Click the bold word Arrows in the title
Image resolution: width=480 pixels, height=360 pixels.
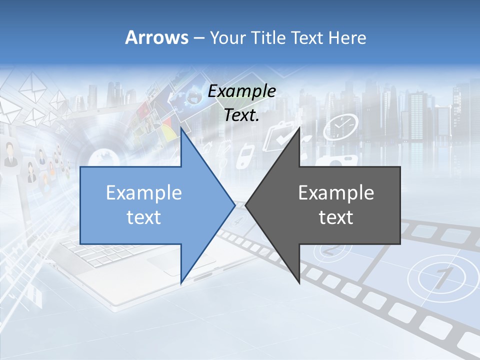pyautogui.click(x=157, y=37)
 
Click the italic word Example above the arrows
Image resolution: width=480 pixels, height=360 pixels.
pyautogui.click(x=242, y=91)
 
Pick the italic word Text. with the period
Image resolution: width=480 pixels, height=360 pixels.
pyautogui.click(x=242, y=115)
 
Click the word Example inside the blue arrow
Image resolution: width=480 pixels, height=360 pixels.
pyautogui.click(x=144, y=192)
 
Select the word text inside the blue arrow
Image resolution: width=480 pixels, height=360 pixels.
pyautogui.click(x=144, y=217)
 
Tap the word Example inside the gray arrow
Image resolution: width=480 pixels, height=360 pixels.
pyautogui.click(x=336, y=192)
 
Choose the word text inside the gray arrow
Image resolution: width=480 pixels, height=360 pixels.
pyautogui.click(x=336, y=217)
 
